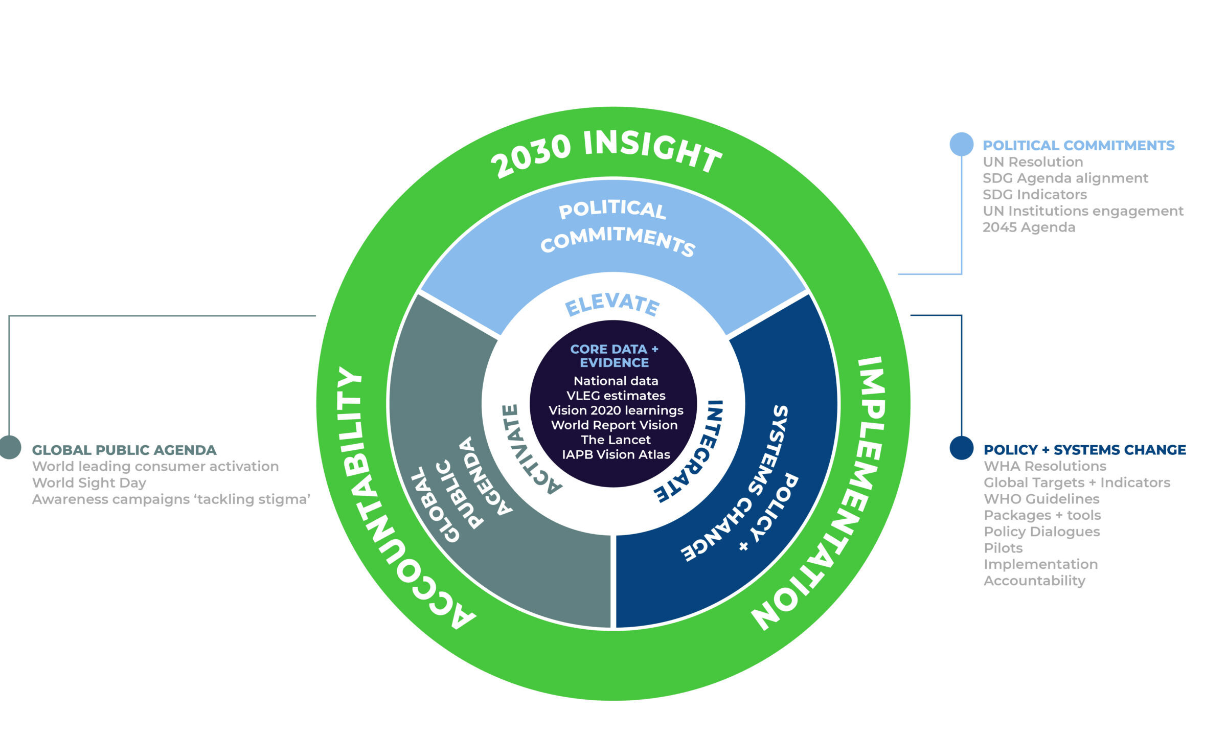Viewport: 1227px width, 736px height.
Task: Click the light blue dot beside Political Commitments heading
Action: (x=961, y=144)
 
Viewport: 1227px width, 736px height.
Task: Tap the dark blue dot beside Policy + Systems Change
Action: (x=961, y=448)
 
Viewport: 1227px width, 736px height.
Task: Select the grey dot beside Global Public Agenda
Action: (x=9, y=447)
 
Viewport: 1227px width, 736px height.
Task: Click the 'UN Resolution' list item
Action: (x=1033, y=162)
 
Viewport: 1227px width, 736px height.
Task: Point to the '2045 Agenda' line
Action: (x=1029, y=227)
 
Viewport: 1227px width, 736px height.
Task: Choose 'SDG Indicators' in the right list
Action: (x=1035, y=195)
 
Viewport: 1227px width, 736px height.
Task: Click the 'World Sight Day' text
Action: (x=89, y=483)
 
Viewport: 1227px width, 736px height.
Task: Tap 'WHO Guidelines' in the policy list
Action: (x=1041, y=499)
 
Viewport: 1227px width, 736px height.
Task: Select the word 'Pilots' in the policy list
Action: (x=1003, y=548)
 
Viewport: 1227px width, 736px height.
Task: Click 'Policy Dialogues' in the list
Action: (x=1041, y=532)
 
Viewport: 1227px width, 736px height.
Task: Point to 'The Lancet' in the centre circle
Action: (x=616, y=440)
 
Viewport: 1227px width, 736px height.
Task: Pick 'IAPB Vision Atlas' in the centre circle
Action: (x=616, y=454)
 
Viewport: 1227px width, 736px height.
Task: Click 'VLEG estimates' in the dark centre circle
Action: (x=616, y=396)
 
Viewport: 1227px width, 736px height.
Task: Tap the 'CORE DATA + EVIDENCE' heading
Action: (x=614, y=356)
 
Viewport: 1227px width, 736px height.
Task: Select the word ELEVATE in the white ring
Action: (x=612, y=305)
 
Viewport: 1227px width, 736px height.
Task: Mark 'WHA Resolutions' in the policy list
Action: (x=1045, y=466)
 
